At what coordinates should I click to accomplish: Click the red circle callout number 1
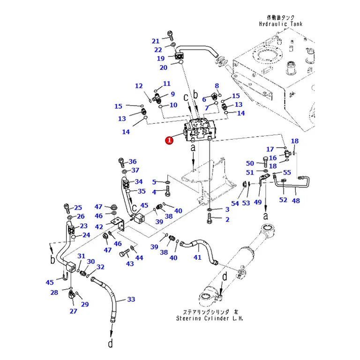coord(169,140)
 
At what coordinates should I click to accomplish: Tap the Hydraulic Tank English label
coord(281,24)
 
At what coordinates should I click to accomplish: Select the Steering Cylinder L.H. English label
coord(210,318)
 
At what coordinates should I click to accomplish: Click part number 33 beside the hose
coord(131,299)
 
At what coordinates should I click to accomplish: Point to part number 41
coord(197,257)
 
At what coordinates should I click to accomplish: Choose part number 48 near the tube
coord(296,201)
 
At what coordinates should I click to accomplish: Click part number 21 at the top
coord(156,41)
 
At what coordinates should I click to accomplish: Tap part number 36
coord(133,161)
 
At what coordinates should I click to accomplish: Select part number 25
coord(78,207)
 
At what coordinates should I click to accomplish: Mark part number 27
coord(73,311)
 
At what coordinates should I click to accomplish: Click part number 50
coord(250,163)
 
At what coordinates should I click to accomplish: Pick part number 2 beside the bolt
coord(227,219)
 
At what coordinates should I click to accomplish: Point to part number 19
coord(161,58)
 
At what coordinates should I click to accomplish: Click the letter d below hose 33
coord(111,344)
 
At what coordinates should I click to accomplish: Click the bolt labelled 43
coord(124,254)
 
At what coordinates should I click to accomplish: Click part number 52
coord(283,200)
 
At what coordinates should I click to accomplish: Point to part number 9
coord(172,94)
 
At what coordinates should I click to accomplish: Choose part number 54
coord(235,203)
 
